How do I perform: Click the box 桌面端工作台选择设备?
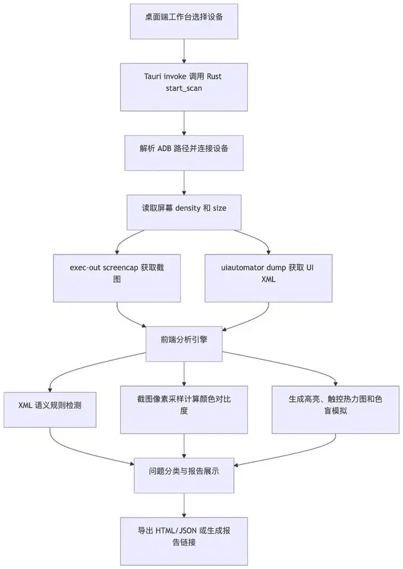[184, 21]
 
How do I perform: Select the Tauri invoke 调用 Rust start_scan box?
[184, 87]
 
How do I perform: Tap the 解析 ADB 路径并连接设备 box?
[184, 153]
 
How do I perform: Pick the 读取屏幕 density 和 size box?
[184, 212]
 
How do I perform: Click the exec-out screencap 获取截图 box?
[117, 278]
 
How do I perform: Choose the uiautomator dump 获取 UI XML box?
[269, 278]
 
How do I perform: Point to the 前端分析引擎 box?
[184, 344]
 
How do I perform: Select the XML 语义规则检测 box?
[50, 410]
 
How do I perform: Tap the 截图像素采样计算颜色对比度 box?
[184, 410]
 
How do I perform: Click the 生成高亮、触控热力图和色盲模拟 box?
[336, 410]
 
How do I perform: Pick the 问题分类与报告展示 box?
[184, 475]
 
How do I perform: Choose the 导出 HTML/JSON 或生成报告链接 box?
[184, 542]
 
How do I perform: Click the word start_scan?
[184, 88]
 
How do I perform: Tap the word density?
[188, 209]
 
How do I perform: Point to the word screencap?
[120, 268]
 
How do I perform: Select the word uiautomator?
[243, 268]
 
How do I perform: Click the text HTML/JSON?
[176, 531]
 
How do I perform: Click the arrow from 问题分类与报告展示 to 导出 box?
[184, 505]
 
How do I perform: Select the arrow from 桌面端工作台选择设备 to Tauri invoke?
[184, 51]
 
